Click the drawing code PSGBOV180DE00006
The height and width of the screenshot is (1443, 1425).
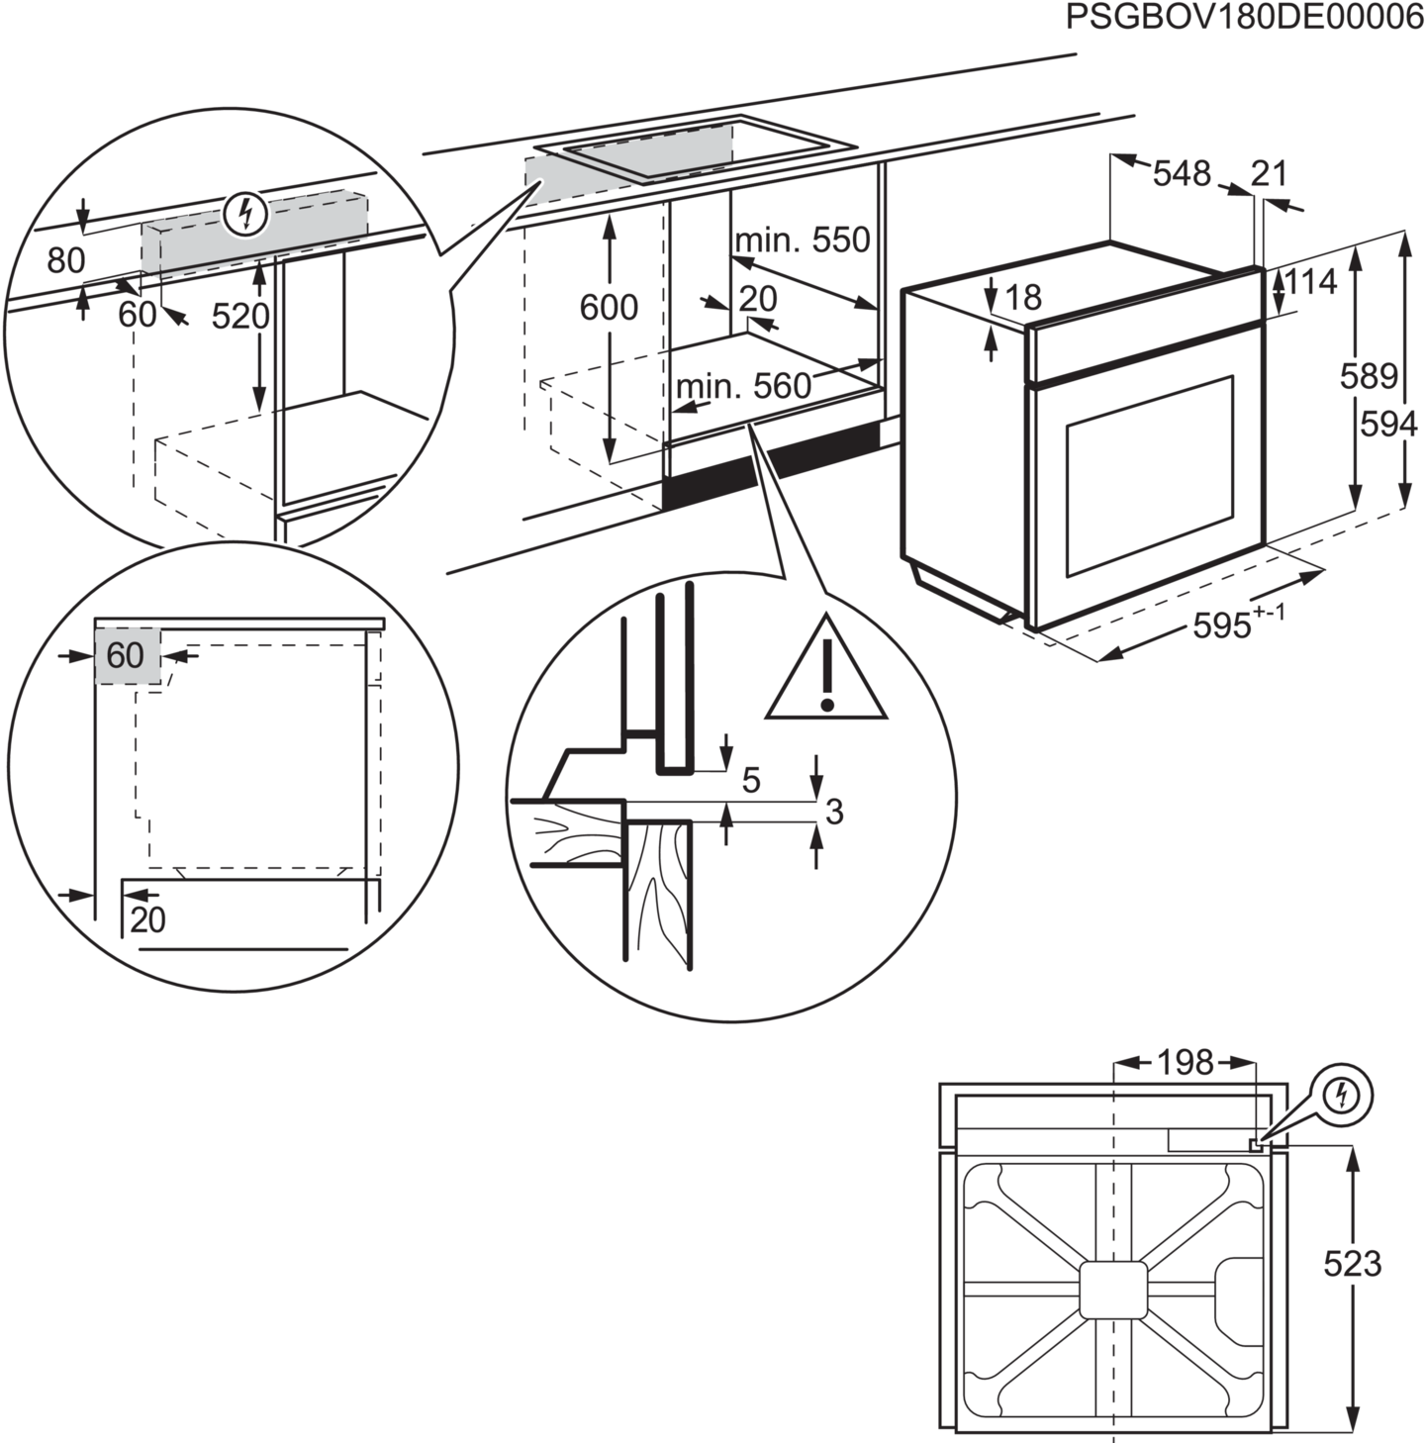point(1244,19)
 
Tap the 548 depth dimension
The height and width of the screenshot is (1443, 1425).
point(1182,174)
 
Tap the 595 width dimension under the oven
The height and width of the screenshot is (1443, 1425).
point(1224,624)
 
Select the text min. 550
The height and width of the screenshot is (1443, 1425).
point(803,240)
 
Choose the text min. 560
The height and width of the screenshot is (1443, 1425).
point(743,387)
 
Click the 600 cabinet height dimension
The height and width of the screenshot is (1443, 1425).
point(608,308)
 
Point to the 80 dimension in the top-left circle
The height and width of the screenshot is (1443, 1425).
point(66,260)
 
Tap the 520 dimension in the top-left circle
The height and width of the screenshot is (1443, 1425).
point(240,316)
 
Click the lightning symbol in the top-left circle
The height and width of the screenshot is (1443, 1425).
point(245,213)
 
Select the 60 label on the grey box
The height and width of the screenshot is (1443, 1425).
point(126,655)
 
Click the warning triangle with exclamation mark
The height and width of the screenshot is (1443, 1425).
point(826,670)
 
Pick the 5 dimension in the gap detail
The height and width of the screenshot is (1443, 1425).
point(751,781)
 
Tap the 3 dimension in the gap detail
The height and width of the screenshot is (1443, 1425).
point(834,813)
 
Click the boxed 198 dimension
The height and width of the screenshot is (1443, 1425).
point(1185,1063)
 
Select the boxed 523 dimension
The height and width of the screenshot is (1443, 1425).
point(1353,1264)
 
